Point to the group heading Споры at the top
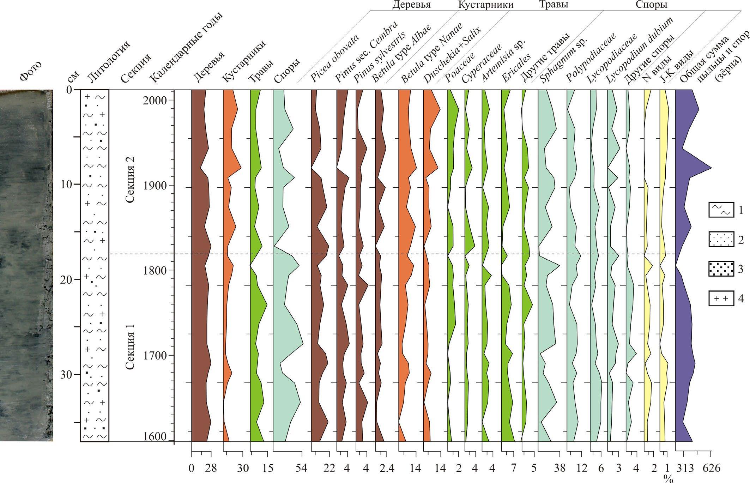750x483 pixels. (651, 5)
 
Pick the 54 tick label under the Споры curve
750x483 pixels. (302, 469)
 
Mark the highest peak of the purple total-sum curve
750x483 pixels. (711, 168)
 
